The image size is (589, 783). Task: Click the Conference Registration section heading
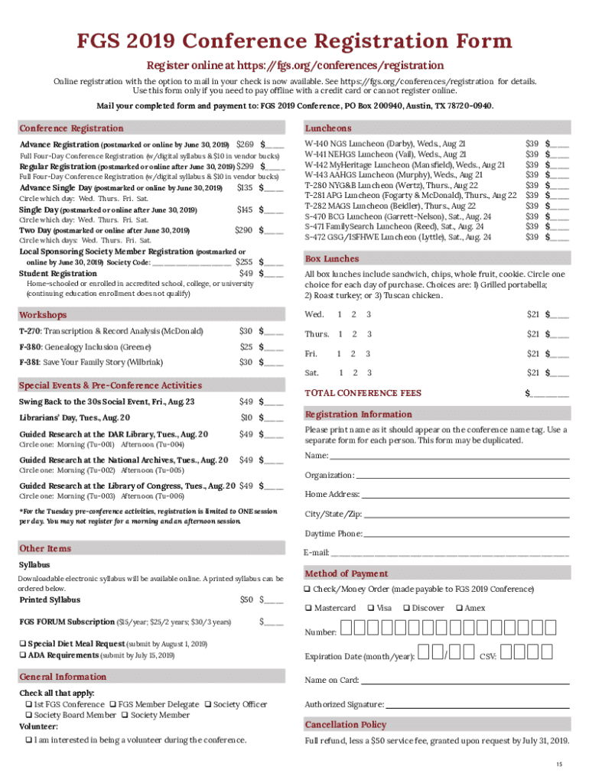coord(71,128)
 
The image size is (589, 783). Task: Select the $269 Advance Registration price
coord(245,145)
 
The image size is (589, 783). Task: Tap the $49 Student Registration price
coord(246,274)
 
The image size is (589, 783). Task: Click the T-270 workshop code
coord(30,331)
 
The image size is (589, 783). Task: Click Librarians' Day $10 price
coord(246,417)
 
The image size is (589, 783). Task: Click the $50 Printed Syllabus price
coord(246,599)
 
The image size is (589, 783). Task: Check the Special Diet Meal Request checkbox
coord(23,644)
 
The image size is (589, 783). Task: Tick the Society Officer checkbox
coord(208,704)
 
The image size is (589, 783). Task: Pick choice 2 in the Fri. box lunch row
coord(353,353)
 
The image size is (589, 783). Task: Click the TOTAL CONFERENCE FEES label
coord(363,393)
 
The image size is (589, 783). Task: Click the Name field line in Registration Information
coord(449,456)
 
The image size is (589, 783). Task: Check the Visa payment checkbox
coord(370,609)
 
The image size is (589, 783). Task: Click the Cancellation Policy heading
coord(345,724)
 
